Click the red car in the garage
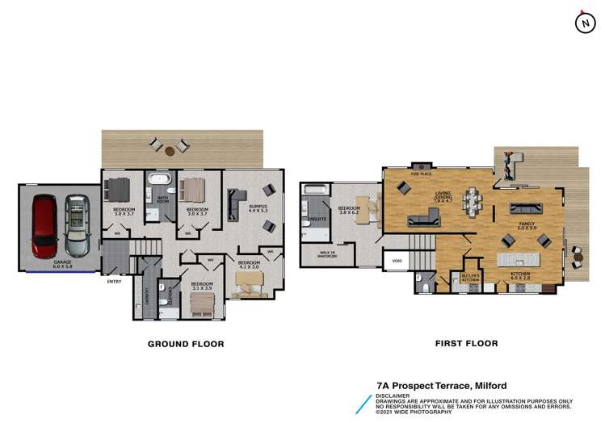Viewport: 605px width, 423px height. click(x=44, y=225)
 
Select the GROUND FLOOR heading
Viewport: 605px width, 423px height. click(x=185, y=343)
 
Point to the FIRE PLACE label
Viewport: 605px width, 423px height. click(x=419, y=173)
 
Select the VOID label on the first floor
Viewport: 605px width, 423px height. click(x=397, y=261)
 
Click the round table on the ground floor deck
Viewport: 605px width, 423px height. click(x=170, y=150)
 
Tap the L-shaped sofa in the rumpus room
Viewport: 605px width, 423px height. click(x=235, y=204)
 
